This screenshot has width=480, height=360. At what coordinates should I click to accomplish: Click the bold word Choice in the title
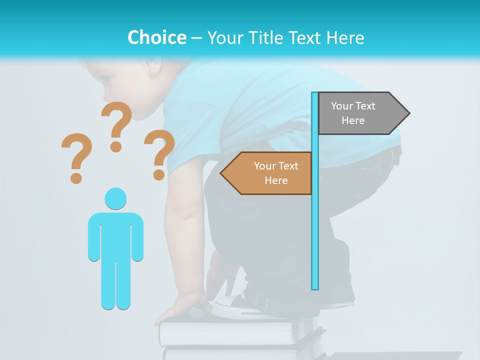(x=156, y=37)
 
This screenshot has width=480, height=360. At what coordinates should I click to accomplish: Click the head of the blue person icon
(x=115, y=198)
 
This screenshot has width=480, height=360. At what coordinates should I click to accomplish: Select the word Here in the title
(x=345, y=37)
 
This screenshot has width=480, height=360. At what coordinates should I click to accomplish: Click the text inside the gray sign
(x=353, y=113)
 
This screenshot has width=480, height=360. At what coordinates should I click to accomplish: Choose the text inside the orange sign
(x=276, y=173)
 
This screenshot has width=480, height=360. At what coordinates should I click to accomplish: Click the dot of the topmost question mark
(x=116, y=146)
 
